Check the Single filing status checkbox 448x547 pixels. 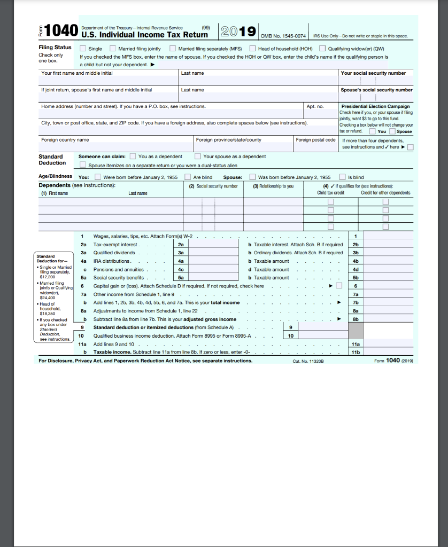click(83, 49)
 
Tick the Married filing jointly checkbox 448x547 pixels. click(113, 49)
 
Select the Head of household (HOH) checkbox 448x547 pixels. click(253, 49)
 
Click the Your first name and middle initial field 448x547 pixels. click(109, 81)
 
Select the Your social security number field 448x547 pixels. click(376, 81)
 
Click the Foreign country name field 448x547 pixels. click(117, 147)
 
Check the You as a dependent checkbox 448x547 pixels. click(133, 157)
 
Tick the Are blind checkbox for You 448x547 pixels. click(188, 177)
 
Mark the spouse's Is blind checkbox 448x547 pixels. click(343, 177)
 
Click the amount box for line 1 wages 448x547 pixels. click(389, 236)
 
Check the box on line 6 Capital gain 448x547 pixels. click(339, 286)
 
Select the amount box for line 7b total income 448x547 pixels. click(389, 303)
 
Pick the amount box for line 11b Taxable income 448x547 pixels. click(389, 353)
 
